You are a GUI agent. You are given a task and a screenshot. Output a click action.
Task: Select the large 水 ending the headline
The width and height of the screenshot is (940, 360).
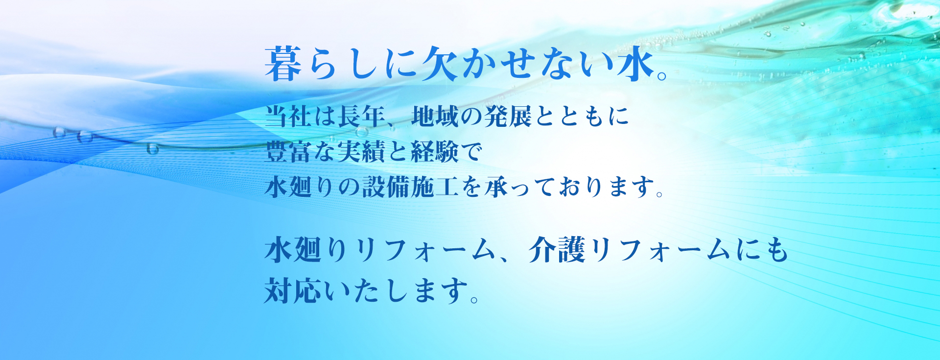tap(635, 63)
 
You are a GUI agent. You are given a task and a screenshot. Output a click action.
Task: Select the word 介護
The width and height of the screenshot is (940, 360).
tap(557, 250)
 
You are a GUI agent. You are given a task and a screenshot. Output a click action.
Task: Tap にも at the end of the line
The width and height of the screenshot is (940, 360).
tap(761, 250)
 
